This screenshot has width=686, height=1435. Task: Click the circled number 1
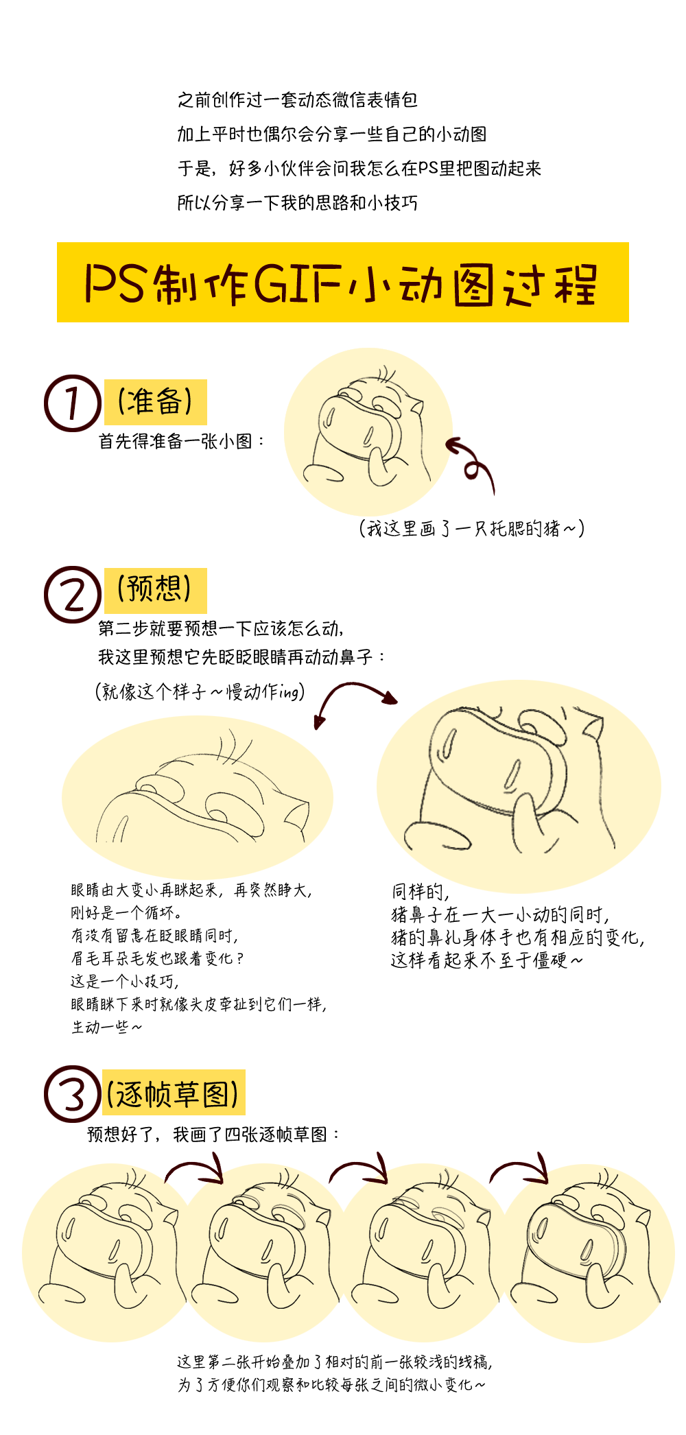[x=72, y=403]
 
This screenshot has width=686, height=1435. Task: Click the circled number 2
[x=72, y=594]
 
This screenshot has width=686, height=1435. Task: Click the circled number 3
[x=72, y=1093]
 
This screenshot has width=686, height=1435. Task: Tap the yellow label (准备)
[x=155, y=402]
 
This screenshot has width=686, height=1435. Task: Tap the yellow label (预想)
[x=155, y=590]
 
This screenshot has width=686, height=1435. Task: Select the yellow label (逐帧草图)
[x=173, y=1092]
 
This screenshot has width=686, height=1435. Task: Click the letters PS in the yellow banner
[x=115, y=283]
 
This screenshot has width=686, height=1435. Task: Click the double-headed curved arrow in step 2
[x=353, y=696]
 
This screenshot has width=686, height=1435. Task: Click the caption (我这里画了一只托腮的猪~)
[x=471, y=528]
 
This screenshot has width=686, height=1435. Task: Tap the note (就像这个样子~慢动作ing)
[x=200, y=691]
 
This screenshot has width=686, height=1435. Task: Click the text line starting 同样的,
[x=420, y=892]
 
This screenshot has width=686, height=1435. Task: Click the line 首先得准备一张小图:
[x=182, y=441]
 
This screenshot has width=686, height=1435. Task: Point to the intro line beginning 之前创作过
[x=297, y=100]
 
